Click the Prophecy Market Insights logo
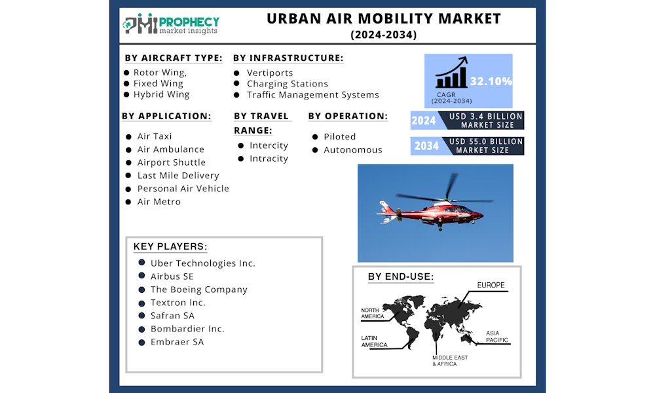click(172, 24)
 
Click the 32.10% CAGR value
click(491, 82)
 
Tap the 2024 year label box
click(424, 121)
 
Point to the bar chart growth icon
click(452, 73)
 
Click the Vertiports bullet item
click(270, 73)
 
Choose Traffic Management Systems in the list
click(312, 94)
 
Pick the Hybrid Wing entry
click(161, 94)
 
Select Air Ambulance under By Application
click(170, 149)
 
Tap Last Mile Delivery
click(178, 176)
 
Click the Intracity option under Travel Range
click(269, 159)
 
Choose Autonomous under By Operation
click(352, 150)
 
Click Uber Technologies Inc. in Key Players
click(202, 263)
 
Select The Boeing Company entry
click(198, 290)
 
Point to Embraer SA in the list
click(177, 342)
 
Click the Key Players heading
click(170, 247)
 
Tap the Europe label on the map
click(491, 286)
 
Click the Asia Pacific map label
click(497, 337)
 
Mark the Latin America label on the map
click(374, 341)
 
